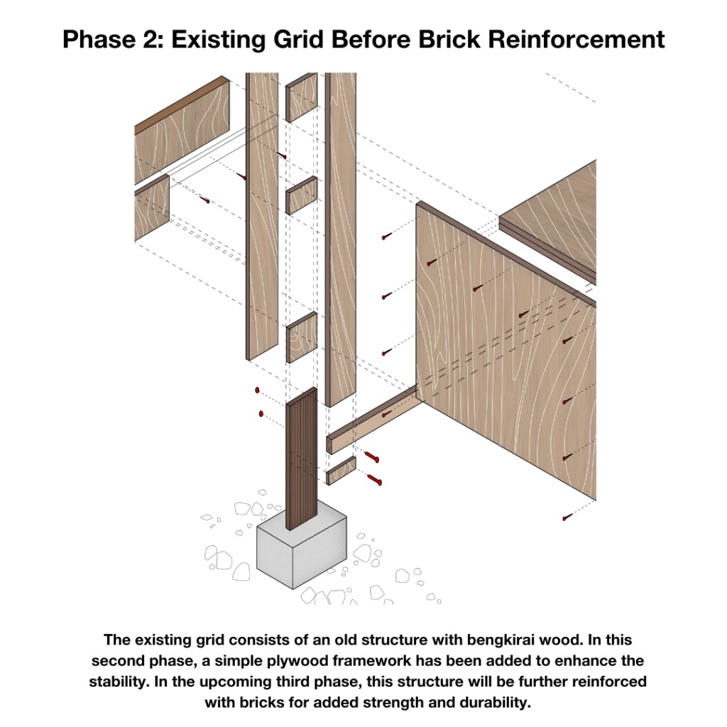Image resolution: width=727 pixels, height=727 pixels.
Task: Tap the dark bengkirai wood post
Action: coord(301,459)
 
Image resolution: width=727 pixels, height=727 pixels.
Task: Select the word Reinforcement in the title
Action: coord(576,39)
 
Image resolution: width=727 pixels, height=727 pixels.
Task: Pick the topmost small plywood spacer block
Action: coord(301,97)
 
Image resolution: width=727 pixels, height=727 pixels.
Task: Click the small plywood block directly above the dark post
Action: coord(301,337)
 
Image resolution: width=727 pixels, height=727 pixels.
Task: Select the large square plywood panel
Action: coord(505,352)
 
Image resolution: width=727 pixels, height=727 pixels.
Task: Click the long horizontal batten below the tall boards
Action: coord(373,420)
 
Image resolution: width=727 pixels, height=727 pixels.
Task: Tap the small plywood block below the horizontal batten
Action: coord(341,471)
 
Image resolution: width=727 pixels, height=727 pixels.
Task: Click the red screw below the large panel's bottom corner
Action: coord(567,518)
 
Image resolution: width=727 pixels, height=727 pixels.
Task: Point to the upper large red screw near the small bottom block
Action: coord(371,457)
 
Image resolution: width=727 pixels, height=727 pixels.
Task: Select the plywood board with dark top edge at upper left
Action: coord(182,130)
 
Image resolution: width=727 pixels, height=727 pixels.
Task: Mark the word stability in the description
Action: coord(118,682)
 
